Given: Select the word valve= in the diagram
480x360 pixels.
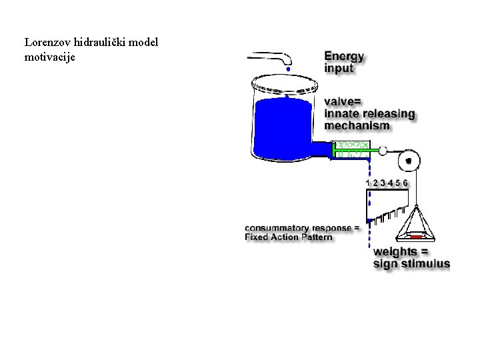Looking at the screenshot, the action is pyautogui.click(x=343, y=101).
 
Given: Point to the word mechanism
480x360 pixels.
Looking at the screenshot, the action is pyautogui.click(x=357, y=125).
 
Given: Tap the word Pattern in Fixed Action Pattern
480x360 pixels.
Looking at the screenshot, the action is pyautogui.click(x=313, y=237).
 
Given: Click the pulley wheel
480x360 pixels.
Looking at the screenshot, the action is pyautogui.click(x=409, y=161).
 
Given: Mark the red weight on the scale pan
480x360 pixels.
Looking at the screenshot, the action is pyautogui.click(x=416, y=237).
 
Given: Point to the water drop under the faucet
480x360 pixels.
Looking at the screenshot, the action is pyautogui.click(x=288, y=68).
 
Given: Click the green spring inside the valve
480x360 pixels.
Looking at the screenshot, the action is pyautogui.click(x=351, y=150).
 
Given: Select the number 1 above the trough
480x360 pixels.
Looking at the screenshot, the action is pyautogui.click(x=368, y=182).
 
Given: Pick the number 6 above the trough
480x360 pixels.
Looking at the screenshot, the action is pyautogui.click(x=405, y=182).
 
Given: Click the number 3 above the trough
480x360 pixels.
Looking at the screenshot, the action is pyautogui.click(x=383, y=182).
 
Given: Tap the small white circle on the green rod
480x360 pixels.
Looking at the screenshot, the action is pyautogui.click(x=382, y=151).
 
